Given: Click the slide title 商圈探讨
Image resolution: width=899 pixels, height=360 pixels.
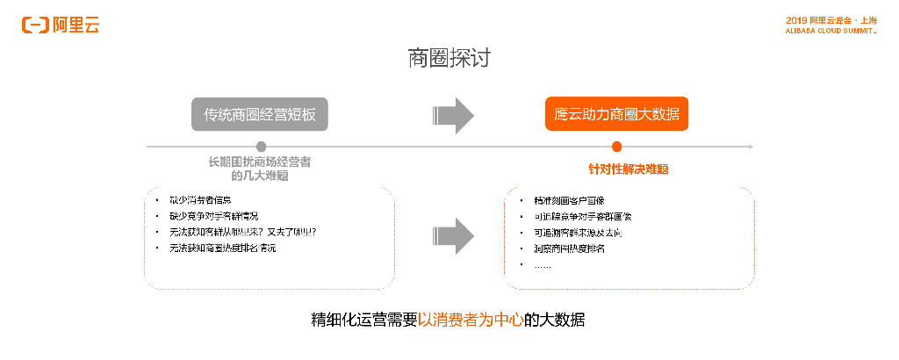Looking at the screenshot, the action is pyautogui.click(x=449, y=59).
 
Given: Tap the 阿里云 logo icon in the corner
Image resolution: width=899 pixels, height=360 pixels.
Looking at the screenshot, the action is pyautogui.click(x=36, y=25).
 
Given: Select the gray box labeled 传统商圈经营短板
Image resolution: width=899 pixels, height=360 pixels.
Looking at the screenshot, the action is pyautogui.click(x=260, y=114).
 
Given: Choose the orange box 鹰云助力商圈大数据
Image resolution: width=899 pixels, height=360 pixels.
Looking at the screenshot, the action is pyautogui.click(x=616, y=114).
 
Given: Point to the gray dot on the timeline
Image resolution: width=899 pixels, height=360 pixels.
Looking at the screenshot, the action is pyautogui.click(x=261, y=147).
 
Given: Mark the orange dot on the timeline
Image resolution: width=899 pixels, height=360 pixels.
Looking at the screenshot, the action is pyautogui.click(x=616, y=147).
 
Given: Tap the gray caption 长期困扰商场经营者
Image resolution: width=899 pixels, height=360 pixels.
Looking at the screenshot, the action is pyautogui.click(x=259, y=162).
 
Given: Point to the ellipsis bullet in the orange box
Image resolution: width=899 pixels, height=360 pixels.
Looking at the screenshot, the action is pyautogui.click(x=543, y=265).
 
